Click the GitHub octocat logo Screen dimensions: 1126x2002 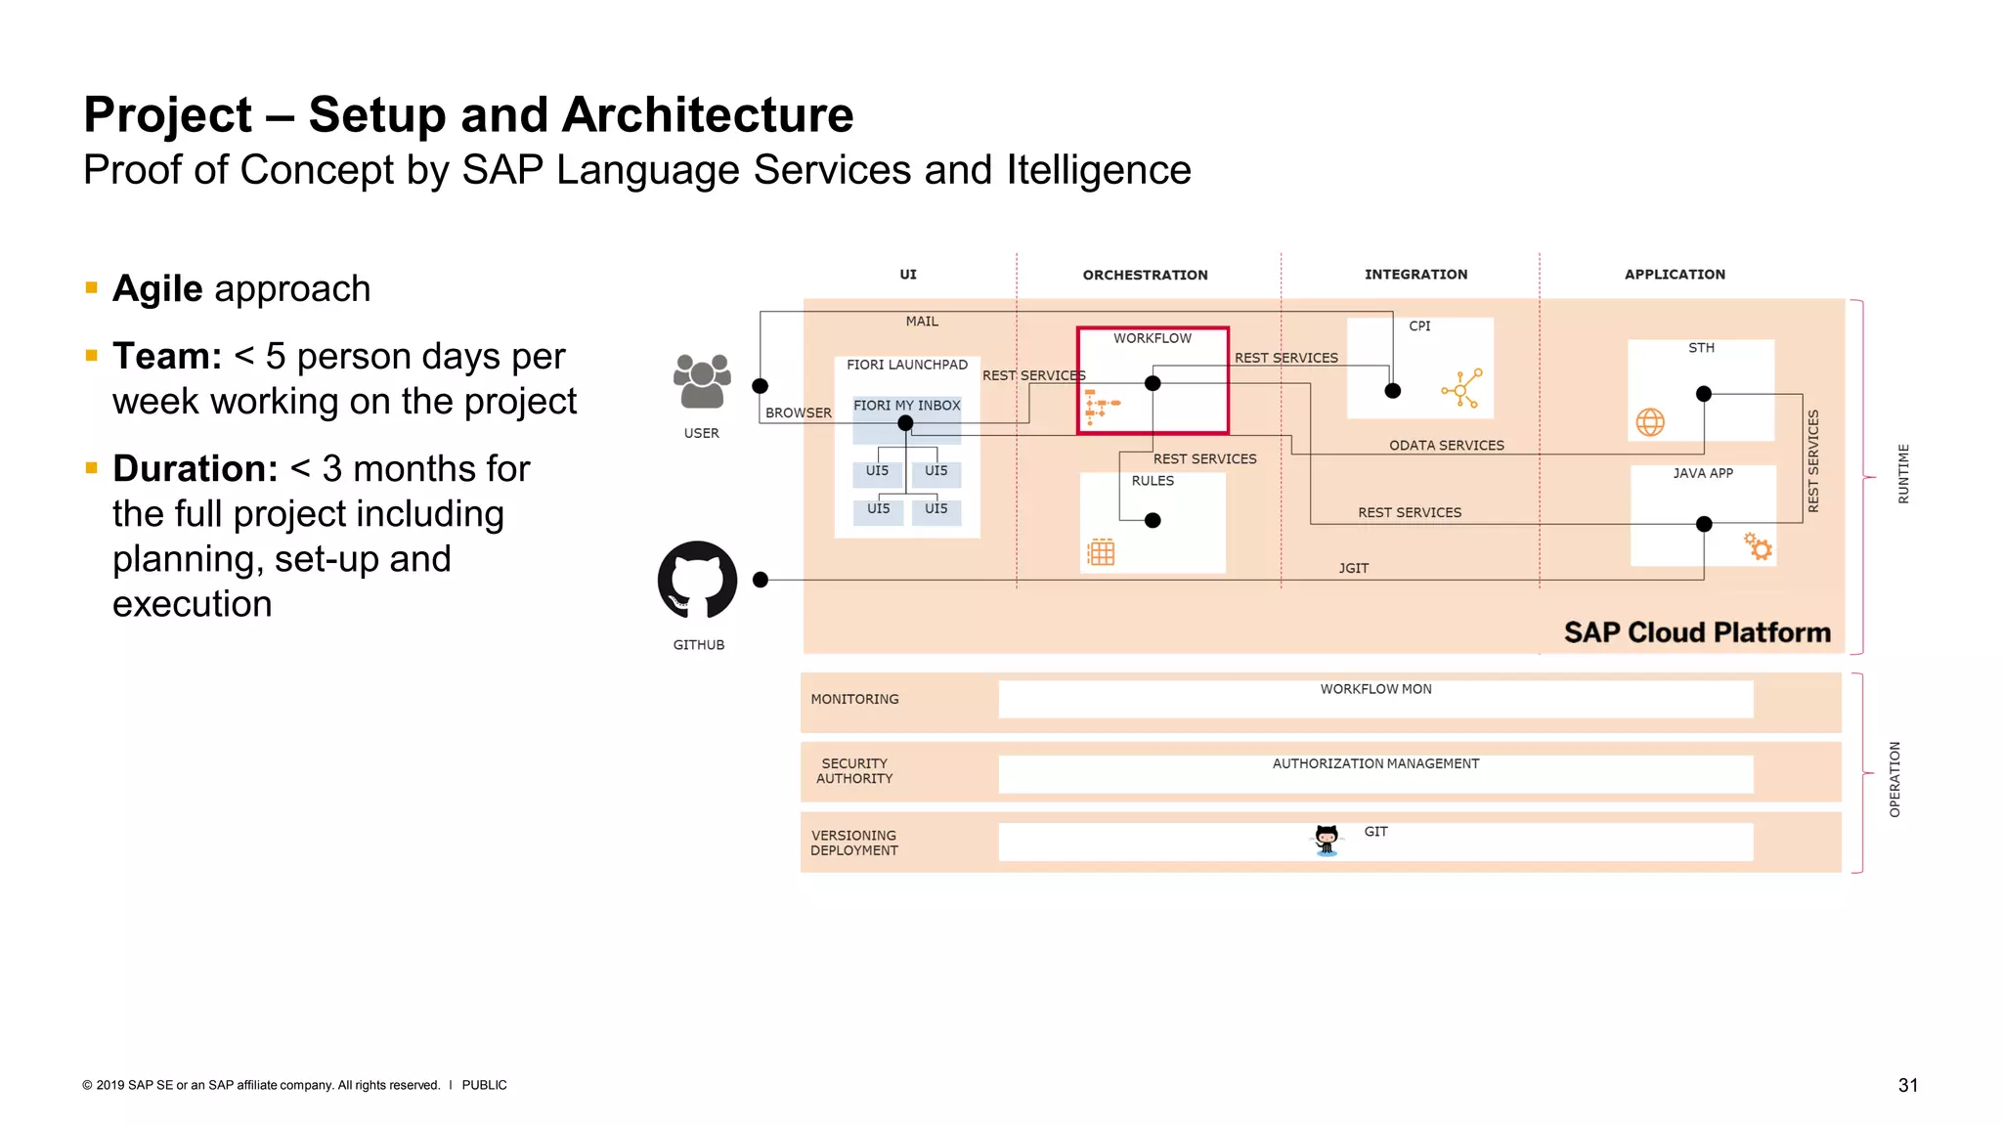click(697, 580)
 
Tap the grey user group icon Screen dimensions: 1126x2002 click(702, 380)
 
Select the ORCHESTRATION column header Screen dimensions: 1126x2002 click(1145, 275)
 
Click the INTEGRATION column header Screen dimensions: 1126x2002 click(1415, 275)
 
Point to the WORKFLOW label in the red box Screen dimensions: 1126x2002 click(1153, 338)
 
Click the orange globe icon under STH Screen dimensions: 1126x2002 click(1650, 422)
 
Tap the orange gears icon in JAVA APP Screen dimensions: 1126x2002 click(1758, 546)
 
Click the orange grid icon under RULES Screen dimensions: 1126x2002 click(1102, 552)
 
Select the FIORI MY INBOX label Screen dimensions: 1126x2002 click(906, 406)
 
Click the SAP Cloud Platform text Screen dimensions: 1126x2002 click(1697, 632)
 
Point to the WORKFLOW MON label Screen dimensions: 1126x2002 click(1375, 689)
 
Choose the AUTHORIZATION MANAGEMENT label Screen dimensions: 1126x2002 click(1375, 763)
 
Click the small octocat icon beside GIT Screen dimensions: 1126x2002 click(1327, 840)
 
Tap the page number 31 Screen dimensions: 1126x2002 click(1907, 1085)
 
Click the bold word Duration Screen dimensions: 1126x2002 click(196, 468)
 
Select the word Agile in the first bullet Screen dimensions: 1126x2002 click(157, 288)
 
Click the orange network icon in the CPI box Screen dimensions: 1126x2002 click(1461, 388)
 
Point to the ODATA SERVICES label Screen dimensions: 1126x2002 click(1446, 446)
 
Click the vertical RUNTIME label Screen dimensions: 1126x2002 click(1902, 474)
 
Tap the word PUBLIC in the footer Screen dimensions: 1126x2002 click(484, 1085)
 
